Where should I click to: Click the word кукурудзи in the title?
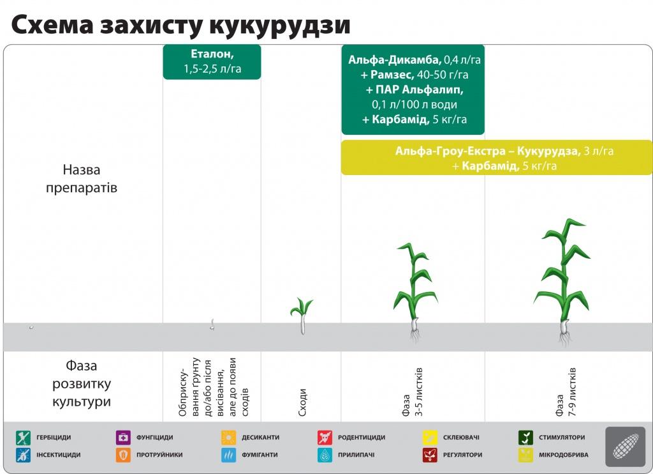pyautogui.click(x=279, y=25)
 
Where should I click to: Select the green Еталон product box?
pyautogui.click(x=212, y=62)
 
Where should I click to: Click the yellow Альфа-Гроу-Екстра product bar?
pyautogui.click(x=497, y=158)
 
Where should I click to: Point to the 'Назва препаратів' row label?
pyautogui.click(x=82, y=179)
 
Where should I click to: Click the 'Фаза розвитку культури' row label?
pyautogui.click(x=82, y=383)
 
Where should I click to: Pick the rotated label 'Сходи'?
pyautogui.click(x=303, y=402)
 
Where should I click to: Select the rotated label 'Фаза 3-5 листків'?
pyautogui.click(x=413, y=392)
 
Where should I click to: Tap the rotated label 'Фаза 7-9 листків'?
pyautogui.click(x=566, y=392)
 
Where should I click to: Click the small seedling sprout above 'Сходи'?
pyautogui.click(x=302, y=316)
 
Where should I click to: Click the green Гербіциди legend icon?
pyautogui.click(x=24, y=438)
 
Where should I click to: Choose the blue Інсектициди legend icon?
pyautogui.click(x=24, y=455)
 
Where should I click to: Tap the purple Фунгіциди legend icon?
pyautogui.click(x=123, y=438)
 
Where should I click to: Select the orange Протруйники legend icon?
pyautogui.click(x=123, y=455)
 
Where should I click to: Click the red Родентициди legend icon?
pyautogui.click(x=325, y=438)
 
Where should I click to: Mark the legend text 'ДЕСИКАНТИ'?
pyautogui.click(x=261, y=438)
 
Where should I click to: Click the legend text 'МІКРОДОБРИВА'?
pyautogui.click(x=564, y=455)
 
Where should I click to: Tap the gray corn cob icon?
pyautogui.click(x=625, y=447)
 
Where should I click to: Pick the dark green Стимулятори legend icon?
pyautogui.click(x=525, y=438)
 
